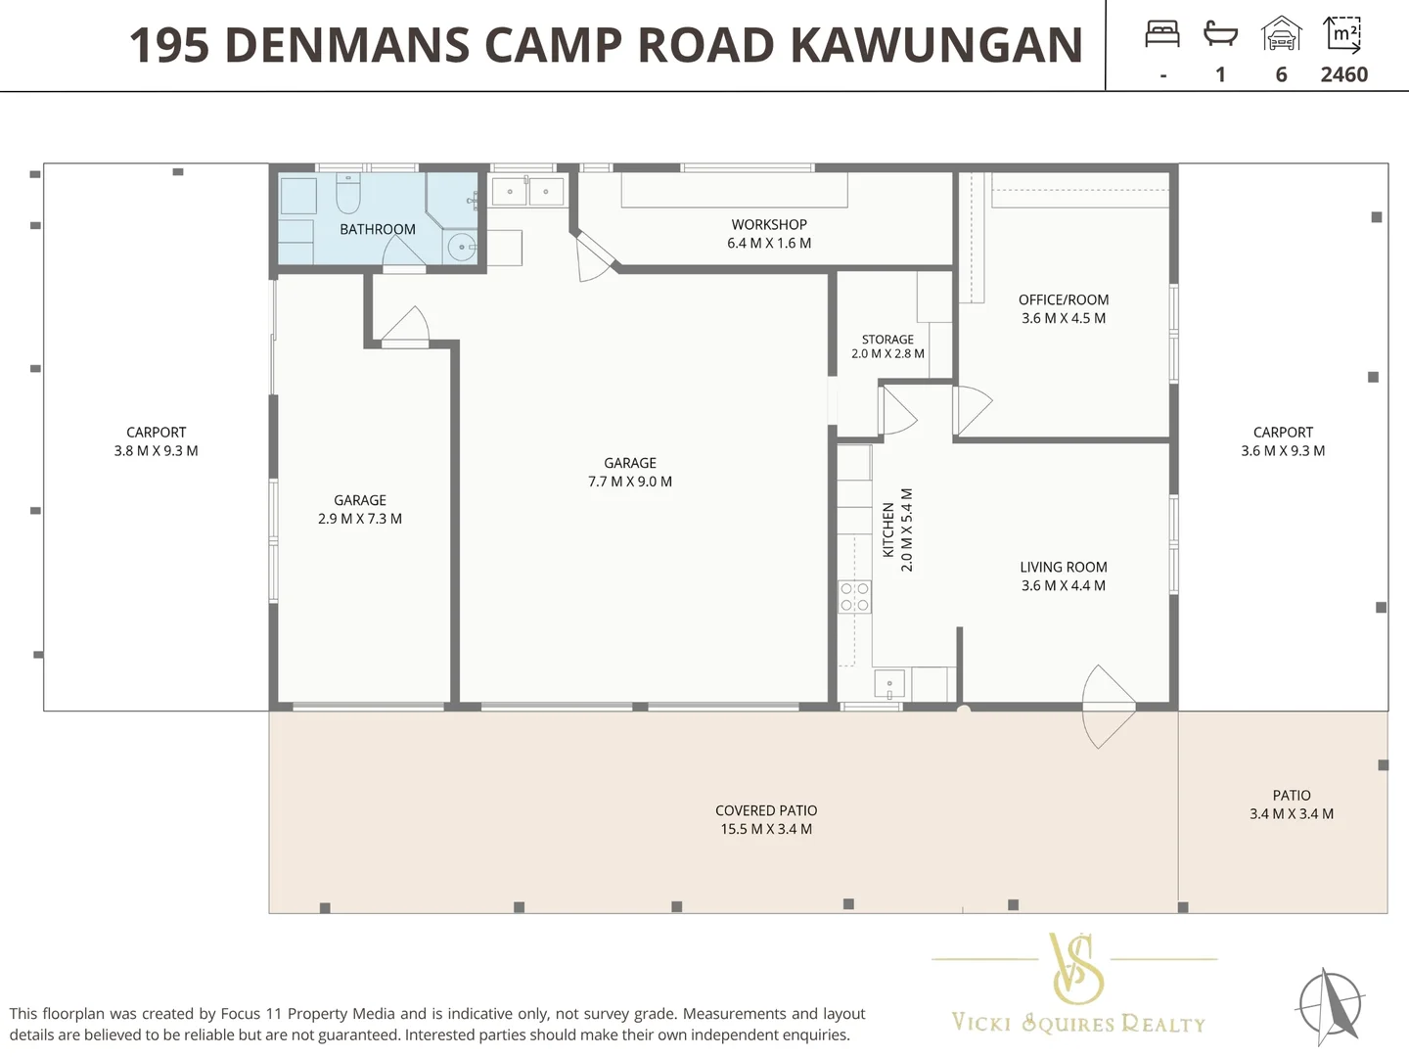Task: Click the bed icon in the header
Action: [1162, 34]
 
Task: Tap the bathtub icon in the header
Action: [1219, 32]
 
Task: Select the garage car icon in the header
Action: [1281, 33]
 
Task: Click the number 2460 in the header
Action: [1344, 74]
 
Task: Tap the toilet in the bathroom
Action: [348, 193]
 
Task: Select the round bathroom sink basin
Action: [462, 247]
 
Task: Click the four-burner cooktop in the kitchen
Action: [854, 597]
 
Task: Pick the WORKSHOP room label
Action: [769, 225]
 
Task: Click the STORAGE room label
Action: [887, 339]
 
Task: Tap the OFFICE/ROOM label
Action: [1064, 299]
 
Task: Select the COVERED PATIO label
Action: [766, 810]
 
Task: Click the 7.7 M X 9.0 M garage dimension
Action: [630, 482]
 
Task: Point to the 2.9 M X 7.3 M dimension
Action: [360, 519]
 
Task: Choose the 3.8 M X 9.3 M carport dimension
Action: [156, 450]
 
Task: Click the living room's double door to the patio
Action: [1109, 707]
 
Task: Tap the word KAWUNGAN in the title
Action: [936, 45]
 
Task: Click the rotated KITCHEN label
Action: [888, 530]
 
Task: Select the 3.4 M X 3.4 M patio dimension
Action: [1292, 813]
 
